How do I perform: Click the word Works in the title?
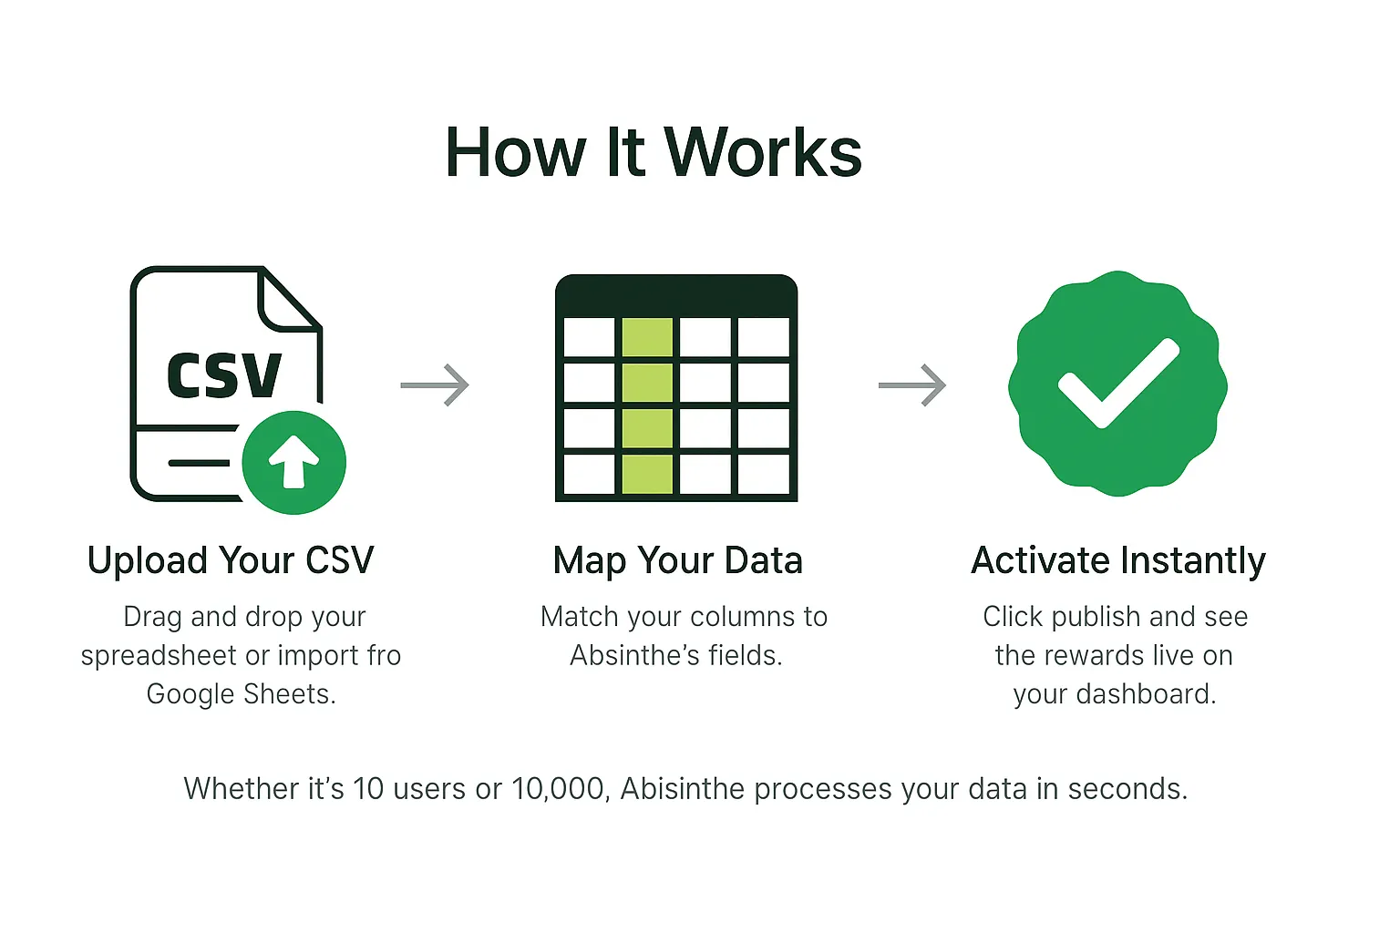point(763,153)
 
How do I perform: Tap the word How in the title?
point(515,153)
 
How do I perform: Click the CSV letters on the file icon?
point(224,375)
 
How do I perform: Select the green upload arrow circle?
point(293,462)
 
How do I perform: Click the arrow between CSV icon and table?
point(435,384)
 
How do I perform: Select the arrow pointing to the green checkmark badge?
point(911,384)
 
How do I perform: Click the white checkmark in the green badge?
point(1118,384)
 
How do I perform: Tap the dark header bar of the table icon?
point(676,295)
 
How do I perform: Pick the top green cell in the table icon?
point(647,337)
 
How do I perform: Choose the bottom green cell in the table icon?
point(647,474)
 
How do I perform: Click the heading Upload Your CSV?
point(231,560)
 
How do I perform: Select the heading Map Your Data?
point(677,560)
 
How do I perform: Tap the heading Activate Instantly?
point(1117,560)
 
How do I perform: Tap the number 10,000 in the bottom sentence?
point(560,789)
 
